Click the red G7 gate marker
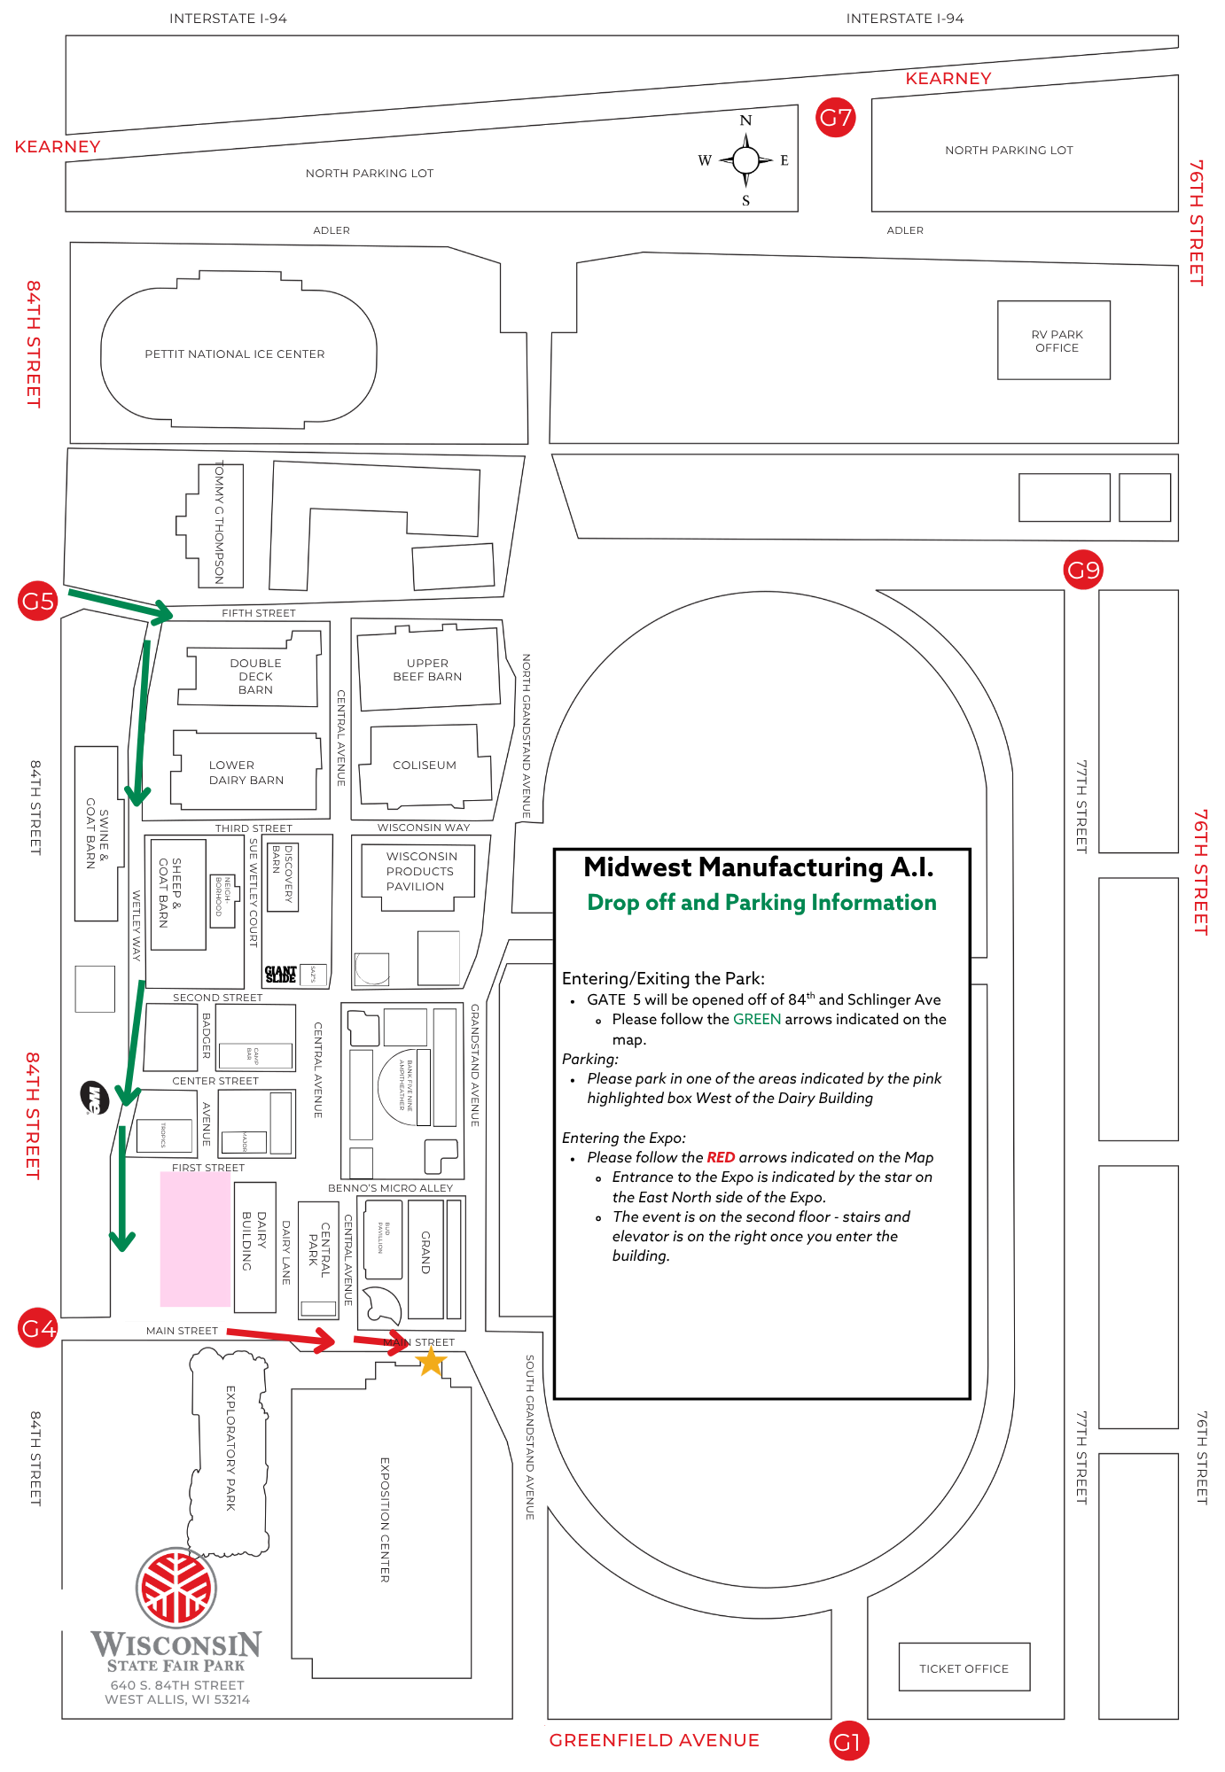tap(836, 117)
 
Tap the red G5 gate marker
tap(37, 602)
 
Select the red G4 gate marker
tap(37, 1328)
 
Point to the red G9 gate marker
tap(1082, 570)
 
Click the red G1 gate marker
tap(848, 1742)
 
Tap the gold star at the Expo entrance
tap(431, 1362)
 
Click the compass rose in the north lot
tap(745, 160)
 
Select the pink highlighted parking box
tap(195, 1239)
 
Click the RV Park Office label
tap(1057, 341)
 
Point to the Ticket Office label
tap(964, 1668)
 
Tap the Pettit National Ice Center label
tap(235, 354)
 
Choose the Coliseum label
tap(425, 766)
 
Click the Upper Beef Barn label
tap(427, 670)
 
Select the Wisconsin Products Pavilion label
tap(421, 871)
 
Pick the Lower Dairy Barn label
tap(246, 773)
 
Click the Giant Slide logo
tap(280, 975)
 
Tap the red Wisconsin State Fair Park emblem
tap(176, 1588)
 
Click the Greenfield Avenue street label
tap(654, 1740)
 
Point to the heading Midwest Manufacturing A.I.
tap(759, 867)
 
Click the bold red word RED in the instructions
tap(721, 1157)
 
